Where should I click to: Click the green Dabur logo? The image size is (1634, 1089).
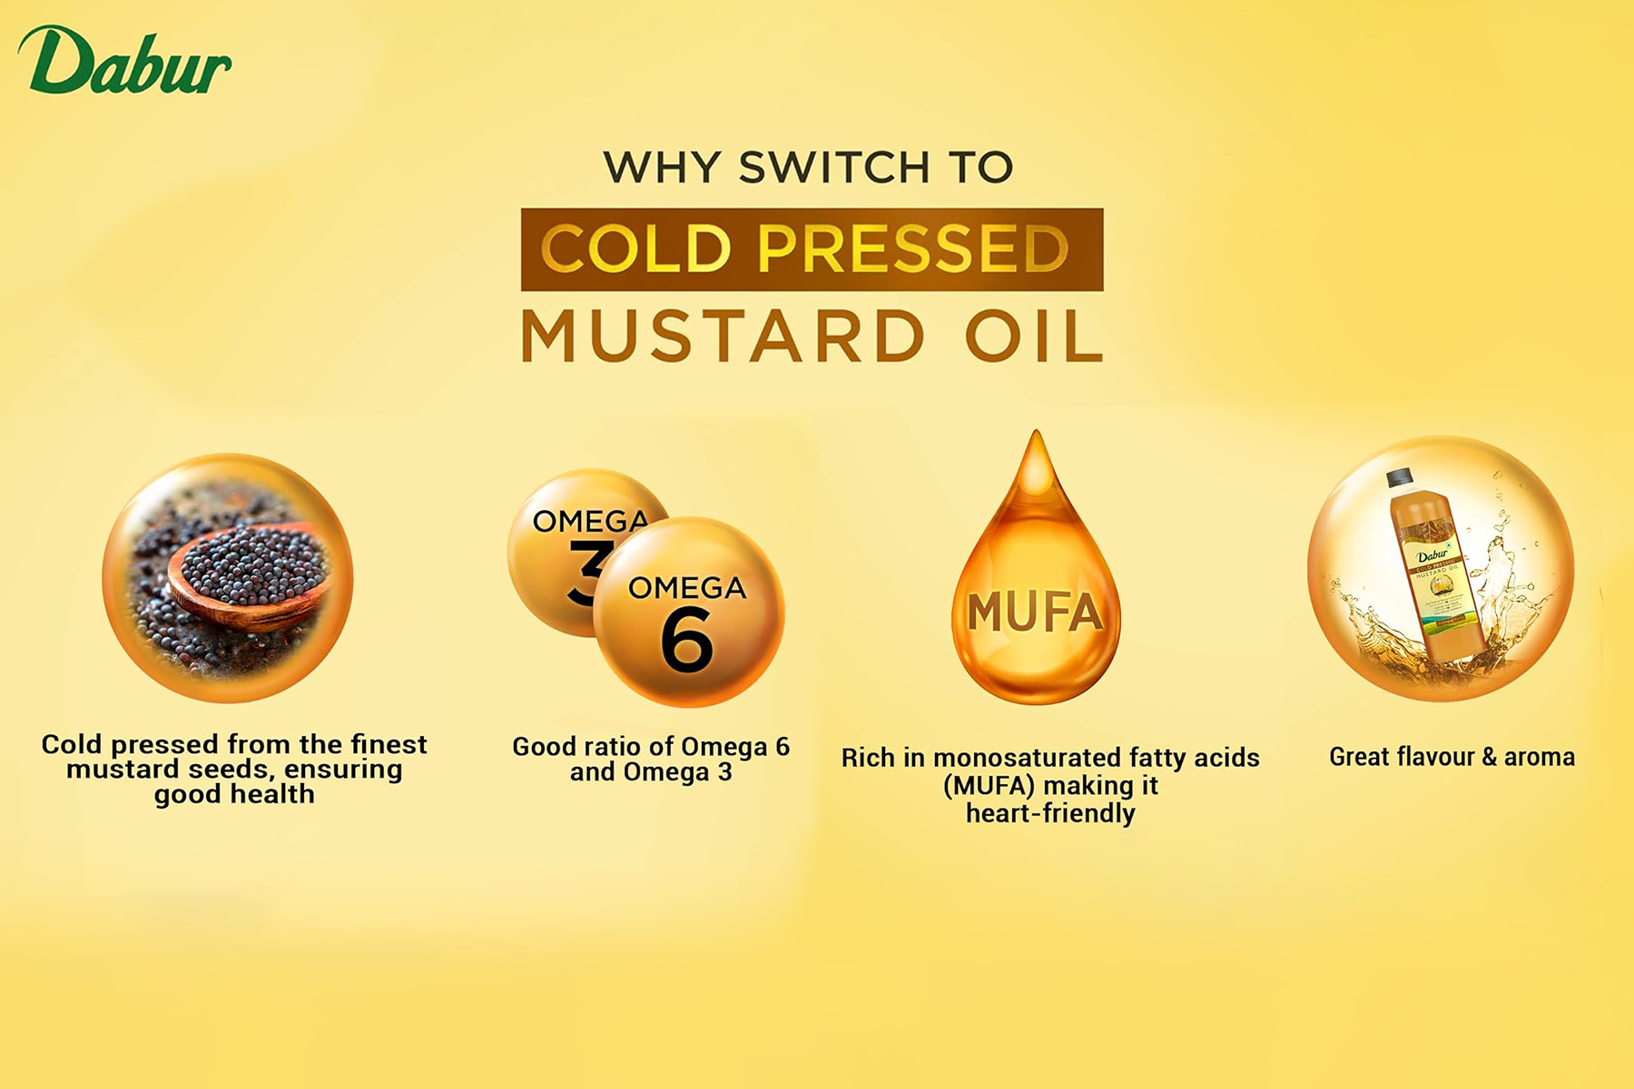click(x=124, y=60)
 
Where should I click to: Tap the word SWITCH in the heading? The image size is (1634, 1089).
click(x=834, y=167)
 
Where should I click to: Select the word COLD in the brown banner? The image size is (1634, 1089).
click(x=635, y=249)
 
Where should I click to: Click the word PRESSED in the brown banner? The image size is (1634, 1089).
click(x=913, y=249)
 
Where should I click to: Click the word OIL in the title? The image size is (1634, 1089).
click(x=1034, y=336)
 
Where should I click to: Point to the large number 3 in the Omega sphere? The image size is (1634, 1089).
click(x=586, y=572)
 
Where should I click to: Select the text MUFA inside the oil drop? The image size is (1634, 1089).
click(x=1035, y=613)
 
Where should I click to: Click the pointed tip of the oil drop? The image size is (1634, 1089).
click(x=1036, y=432)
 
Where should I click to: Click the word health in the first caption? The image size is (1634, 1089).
click(x=272, y=794)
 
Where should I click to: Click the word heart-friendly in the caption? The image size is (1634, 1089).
click(x=1050, y=813)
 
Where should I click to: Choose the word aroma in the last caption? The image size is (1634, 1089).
click(x=1540, y=757)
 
